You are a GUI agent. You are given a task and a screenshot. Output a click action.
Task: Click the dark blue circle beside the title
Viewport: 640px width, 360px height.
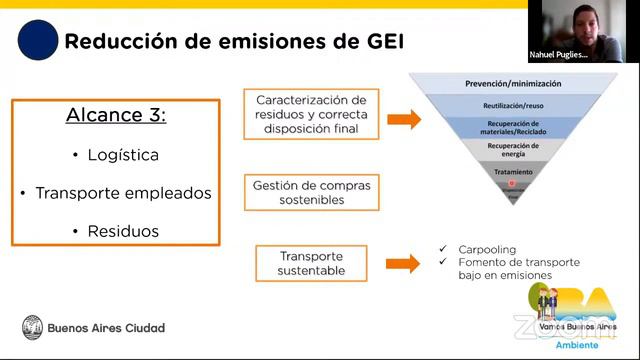38,40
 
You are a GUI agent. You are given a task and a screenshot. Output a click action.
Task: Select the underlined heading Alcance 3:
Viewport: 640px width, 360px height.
116,115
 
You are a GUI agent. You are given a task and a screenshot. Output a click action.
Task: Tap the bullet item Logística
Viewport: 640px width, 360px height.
116,155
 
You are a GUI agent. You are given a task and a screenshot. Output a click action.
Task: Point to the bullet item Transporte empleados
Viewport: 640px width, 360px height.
116,193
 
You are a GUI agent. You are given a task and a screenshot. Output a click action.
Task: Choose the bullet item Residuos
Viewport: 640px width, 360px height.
116,231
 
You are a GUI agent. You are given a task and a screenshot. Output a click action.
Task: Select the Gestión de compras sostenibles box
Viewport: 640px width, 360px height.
312,192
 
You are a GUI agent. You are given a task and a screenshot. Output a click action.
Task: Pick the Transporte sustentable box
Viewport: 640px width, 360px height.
312,263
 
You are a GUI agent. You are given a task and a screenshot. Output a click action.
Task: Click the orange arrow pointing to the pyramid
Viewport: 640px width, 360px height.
403,120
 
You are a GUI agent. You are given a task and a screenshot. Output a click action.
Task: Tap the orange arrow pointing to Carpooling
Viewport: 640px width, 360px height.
402,264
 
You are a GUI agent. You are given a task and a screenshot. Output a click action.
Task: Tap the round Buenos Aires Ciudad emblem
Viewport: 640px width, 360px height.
33,327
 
